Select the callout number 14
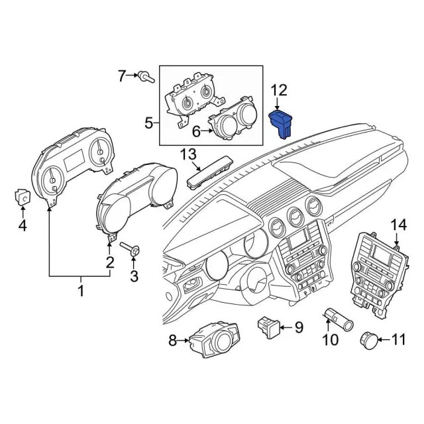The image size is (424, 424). (397, 225)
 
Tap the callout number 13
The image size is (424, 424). (189, 154)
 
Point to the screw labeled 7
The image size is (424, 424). (146, 78)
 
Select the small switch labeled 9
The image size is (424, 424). (269, 325)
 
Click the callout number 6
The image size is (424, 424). (196, 132)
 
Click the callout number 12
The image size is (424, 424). (280, 89)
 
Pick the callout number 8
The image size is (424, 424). (172, 341)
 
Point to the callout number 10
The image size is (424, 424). (329, 341)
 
